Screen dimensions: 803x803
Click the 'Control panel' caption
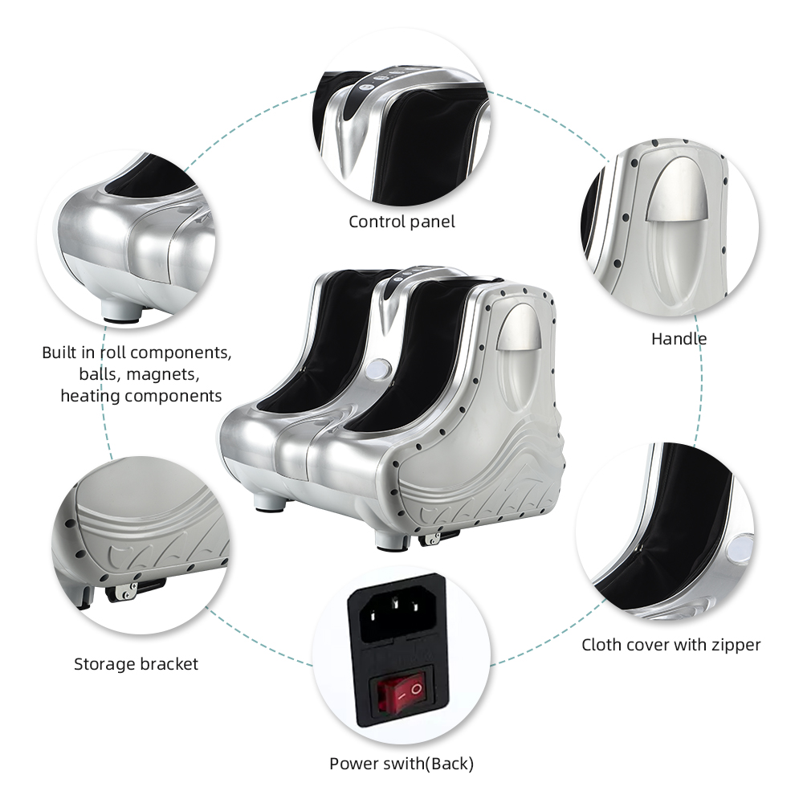(401, 222)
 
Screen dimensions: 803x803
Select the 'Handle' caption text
(679, 338)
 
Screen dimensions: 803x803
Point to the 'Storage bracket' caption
(136, 664)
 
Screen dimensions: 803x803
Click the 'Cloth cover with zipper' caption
(671, 644)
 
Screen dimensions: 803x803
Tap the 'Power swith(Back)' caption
(401, 763)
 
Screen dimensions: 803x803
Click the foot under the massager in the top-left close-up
(120, 312)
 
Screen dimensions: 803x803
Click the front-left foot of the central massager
(267, 503)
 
